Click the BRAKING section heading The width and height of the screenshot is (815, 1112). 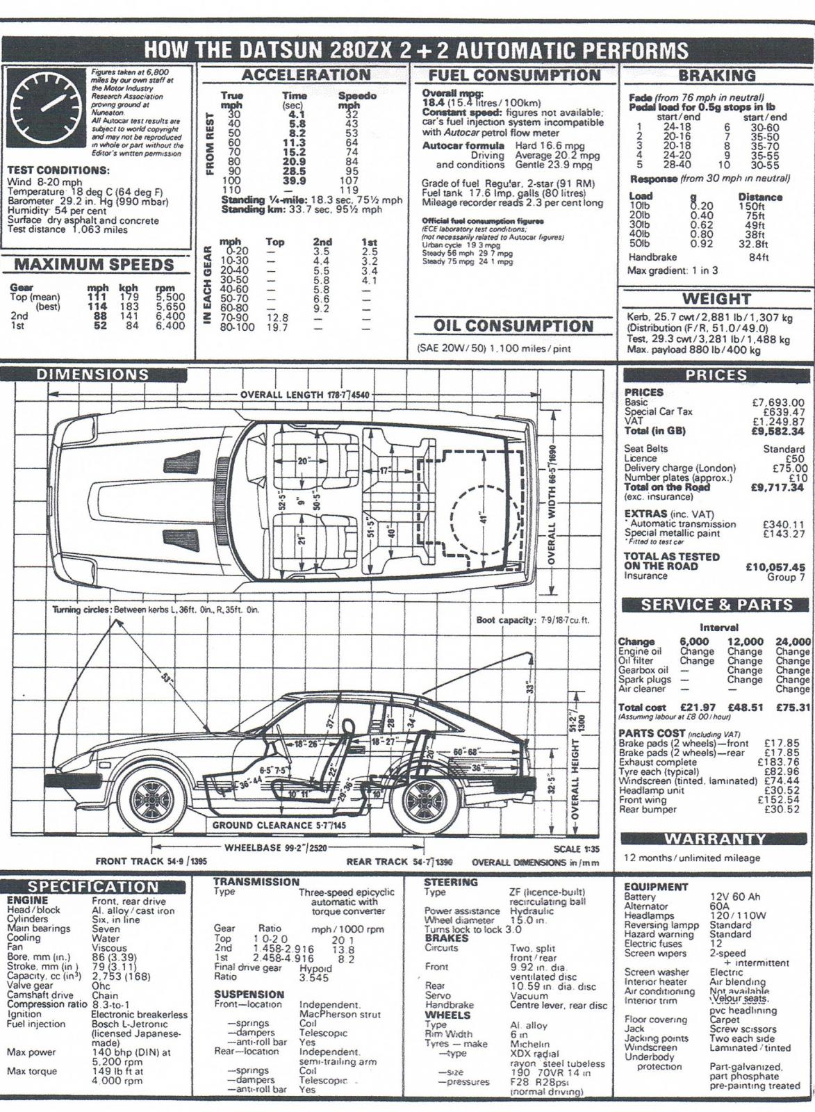(x=716, y=76)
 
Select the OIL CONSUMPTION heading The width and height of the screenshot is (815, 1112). (x=513, y=326)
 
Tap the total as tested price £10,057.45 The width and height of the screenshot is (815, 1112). (x=775, y=567)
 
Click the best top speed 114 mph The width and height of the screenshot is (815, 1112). (x=97, y=306)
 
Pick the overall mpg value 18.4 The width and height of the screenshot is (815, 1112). (x=435, y=101)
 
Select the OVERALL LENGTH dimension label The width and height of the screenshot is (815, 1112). (x=306, y=395)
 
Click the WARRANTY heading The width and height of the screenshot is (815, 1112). (x=715, y=839)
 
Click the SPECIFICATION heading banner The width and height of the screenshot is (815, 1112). (x=93, y=887)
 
